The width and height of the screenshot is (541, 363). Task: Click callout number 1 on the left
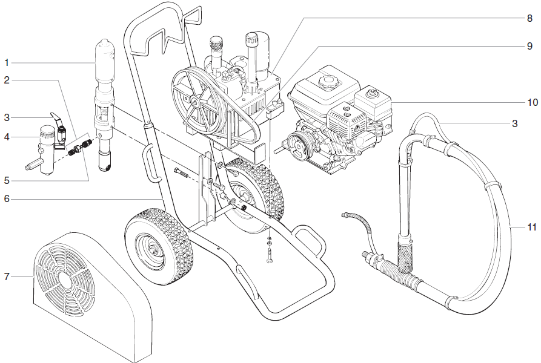tap(7, 62)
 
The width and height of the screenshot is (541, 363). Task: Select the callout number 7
tap(7, 276)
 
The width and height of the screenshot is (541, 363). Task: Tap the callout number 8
tap(529, 18)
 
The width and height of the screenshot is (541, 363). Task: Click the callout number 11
tap(531, 227)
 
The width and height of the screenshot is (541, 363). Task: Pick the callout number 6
tap(7, 198)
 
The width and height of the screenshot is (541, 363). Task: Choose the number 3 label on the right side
tap(515, 124)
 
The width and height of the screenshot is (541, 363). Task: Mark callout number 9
tap(529, 46)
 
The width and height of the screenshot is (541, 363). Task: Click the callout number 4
tap(7, 137)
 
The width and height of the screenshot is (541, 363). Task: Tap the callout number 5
tap(7, 180)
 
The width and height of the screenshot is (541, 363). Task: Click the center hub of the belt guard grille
tap(65, 280)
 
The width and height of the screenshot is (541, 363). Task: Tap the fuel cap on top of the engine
tap(329, 77)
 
